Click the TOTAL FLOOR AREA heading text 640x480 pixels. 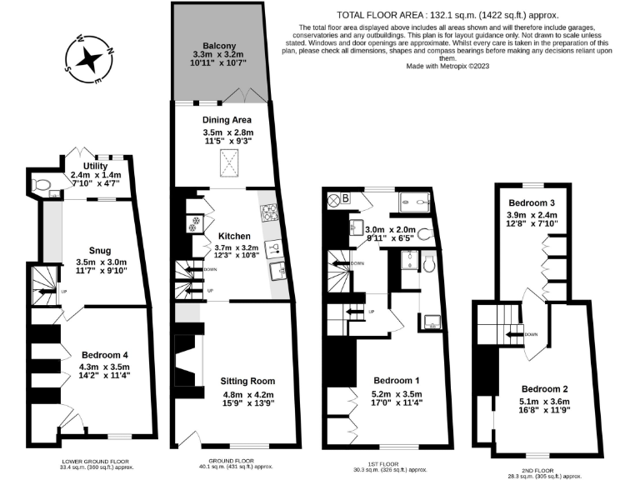pyautogui.click(x=447, y=15)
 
